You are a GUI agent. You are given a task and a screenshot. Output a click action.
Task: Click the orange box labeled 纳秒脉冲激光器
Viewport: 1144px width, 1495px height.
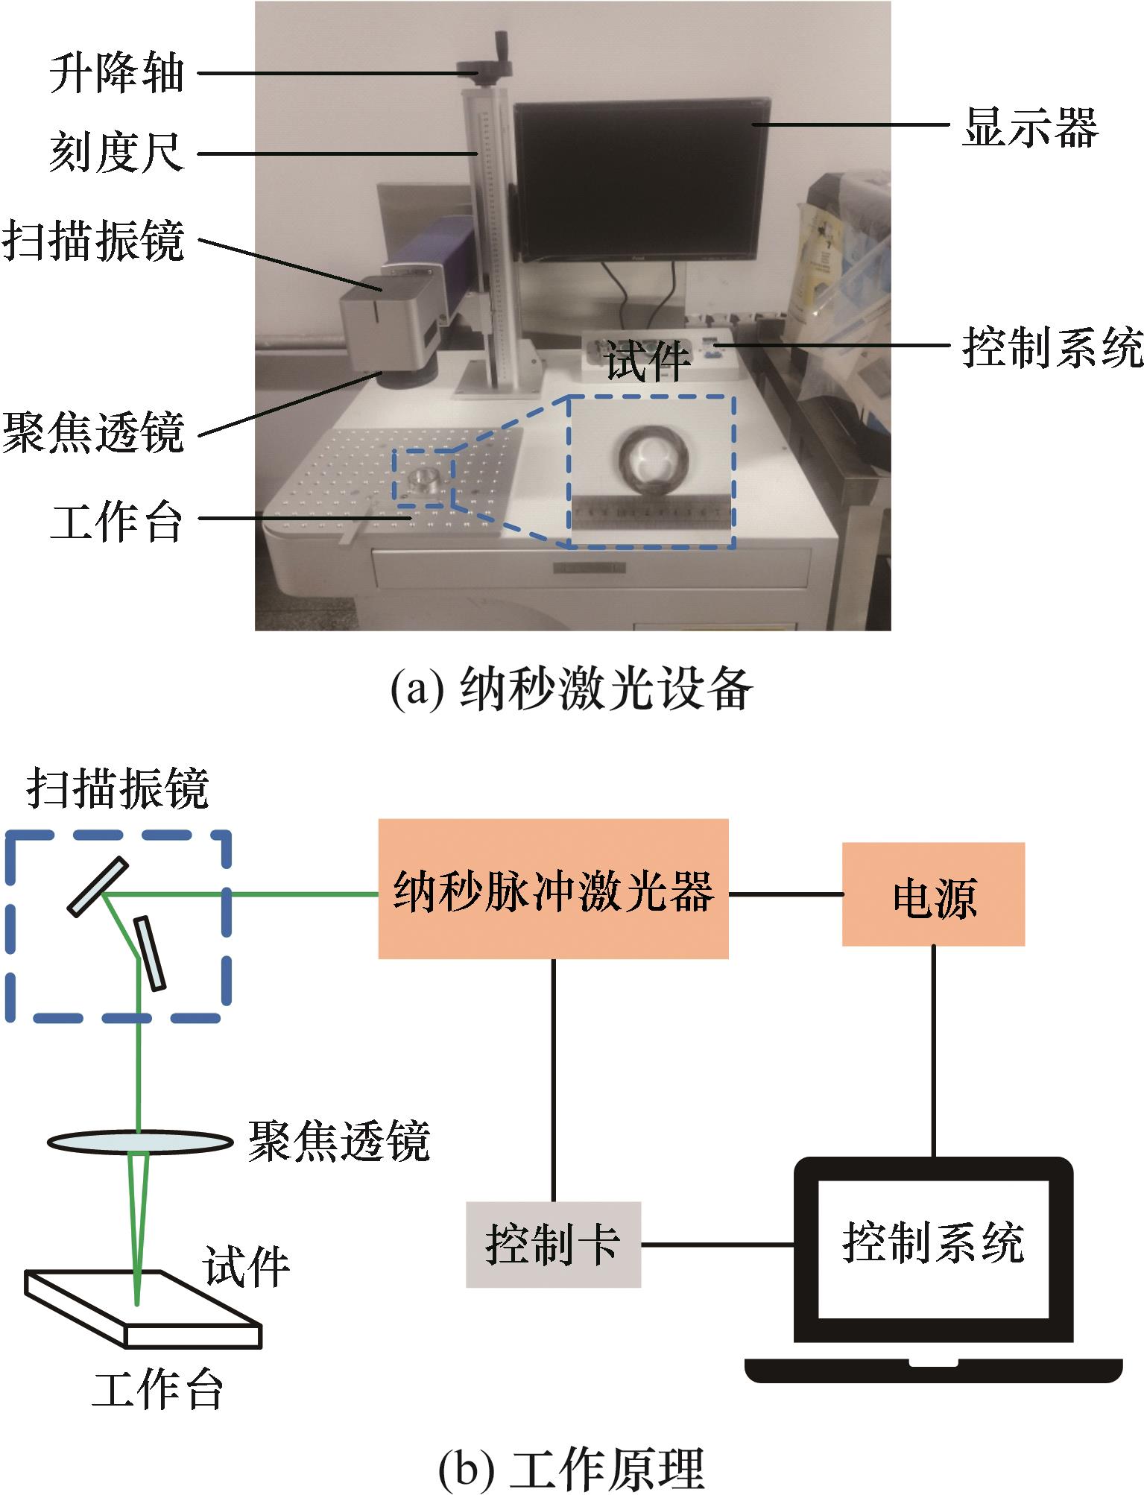point(553,888)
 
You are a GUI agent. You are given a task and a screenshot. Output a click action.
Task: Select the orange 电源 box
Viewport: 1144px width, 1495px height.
point(933,894)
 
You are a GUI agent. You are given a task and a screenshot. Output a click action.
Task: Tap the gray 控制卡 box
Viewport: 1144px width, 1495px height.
point(553,1244)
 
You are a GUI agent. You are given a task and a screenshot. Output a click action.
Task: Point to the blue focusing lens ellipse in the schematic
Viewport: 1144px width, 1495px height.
point(139,1141)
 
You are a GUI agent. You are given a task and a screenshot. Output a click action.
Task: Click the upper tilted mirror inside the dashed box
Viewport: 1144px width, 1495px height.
point(98,885)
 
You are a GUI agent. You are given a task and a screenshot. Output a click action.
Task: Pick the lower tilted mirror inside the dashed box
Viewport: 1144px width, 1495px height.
point(149,953)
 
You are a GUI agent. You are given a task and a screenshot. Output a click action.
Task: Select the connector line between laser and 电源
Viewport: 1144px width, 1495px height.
point(785,894)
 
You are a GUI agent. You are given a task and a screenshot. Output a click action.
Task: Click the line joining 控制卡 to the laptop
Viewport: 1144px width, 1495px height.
point(717,1244)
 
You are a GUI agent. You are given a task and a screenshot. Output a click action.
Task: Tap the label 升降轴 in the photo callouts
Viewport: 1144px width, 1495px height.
point(116,74)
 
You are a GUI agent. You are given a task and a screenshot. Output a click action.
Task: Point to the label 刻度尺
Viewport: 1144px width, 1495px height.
point(116,154)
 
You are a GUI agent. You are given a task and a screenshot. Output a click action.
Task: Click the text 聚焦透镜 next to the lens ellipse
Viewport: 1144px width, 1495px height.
point(339,1141)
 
